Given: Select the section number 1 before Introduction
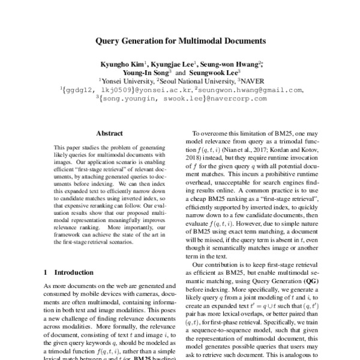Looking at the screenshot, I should (x=46, y=272).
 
